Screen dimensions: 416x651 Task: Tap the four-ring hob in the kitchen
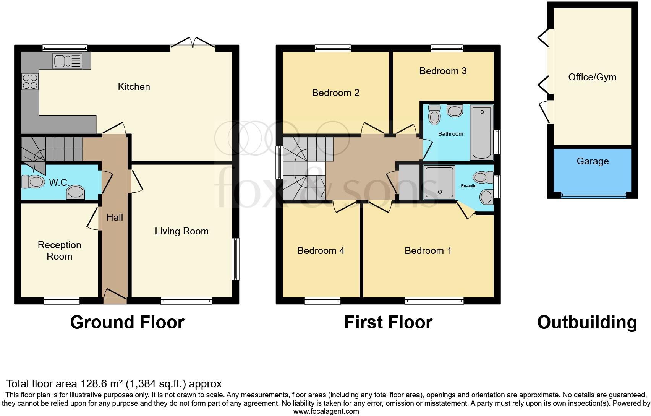(30, 81)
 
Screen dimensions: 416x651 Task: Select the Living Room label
(181, 231)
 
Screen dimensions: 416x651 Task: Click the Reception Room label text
(59, 250)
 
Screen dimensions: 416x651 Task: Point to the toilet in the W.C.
(33, 182)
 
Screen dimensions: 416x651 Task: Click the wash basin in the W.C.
(76, 192)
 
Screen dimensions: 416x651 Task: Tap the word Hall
(115, 217)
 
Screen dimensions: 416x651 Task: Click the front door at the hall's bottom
(115, 296)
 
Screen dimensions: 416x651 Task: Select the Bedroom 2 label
(335, 93)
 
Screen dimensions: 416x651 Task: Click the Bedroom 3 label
(443, 71)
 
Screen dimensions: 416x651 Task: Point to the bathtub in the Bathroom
(481, 133)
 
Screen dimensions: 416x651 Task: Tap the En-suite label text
(468, 186)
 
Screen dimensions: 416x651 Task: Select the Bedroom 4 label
(321, 250)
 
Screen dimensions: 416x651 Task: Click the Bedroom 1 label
(428, 250)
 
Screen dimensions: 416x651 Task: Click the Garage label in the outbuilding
(592, 161)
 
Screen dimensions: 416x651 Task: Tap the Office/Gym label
(592, 77)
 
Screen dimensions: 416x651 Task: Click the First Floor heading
(388, 322)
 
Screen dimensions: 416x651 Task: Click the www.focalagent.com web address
(326, 411)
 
